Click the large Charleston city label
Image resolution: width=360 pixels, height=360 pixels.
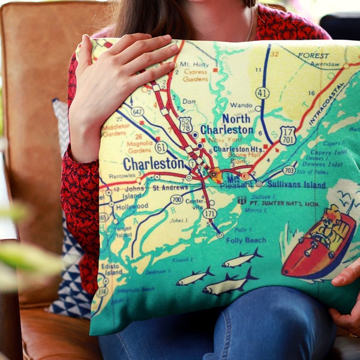click(153, 163)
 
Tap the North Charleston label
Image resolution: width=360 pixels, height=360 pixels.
click(227, 124)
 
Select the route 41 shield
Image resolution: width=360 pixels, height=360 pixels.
click(262, 93)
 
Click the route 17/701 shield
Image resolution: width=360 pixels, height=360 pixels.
click(287, 135)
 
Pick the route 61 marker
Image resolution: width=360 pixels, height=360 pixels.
click(161, 147)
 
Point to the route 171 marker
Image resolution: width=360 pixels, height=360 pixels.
click(209, 213)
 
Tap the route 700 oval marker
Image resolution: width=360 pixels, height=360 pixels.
click(176, 199)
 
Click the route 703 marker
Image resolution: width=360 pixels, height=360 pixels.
click(289, 170)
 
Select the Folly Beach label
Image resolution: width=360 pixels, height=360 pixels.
click(246, 239)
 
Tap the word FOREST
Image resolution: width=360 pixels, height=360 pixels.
click(313, 55)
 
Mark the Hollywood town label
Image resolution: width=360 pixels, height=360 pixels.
click(132, 206)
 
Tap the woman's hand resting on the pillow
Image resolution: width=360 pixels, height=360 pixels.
click(123, 78)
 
